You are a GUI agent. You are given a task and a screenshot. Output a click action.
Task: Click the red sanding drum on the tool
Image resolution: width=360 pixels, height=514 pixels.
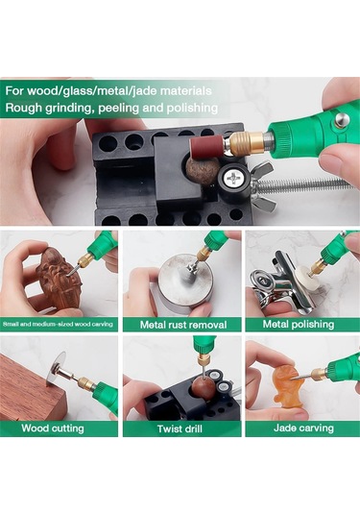coord(205,148)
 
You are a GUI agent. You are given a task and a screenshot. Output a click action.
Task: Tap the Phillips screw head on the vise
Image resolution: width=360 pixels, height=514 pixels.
coord(232,178)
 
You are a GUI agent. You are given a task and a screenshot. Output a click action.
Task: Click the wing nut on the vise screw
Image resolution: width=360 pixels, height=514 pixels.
coord(260,185)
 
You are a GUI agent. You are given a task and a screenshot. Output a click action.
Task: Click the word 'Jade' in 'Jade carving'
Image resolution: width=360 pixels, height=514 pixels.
coord(285,428)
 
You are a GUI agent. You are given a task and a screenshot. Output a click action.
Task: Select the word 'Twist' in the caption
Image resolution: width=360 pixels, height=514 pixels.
coord(169,429)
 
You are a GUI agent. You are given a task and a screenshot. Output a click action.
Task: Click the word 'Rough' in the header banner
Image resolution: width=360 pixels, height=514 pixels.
coord(24,108)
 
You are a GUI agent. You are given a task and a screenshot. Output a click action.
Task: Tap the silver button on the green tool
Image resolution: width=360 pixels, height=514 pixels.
coord(342,120)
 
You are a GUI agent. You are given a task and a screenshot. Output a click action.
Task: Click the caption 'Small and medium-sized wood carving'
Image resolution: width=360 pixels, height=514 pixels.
coord(58,324)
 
